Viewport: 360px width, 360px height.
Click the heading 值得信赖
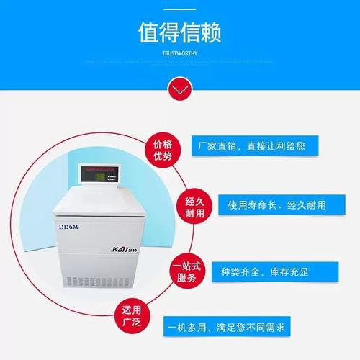pyautogui.click(x=179, y=33)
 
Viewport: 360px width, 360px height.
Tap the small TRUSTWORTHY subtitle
pyautogui.click(x=179, y=53)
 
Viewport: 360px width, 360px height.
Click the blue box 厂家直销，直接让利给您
pyautogui.click(x=251, y=146)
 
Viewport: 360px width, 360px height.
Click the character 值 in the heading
pyautogui.click(x=148, y=33)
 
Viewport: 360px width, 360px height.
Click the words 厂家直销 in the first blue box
pyautogui.click(x=220, y=146)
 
